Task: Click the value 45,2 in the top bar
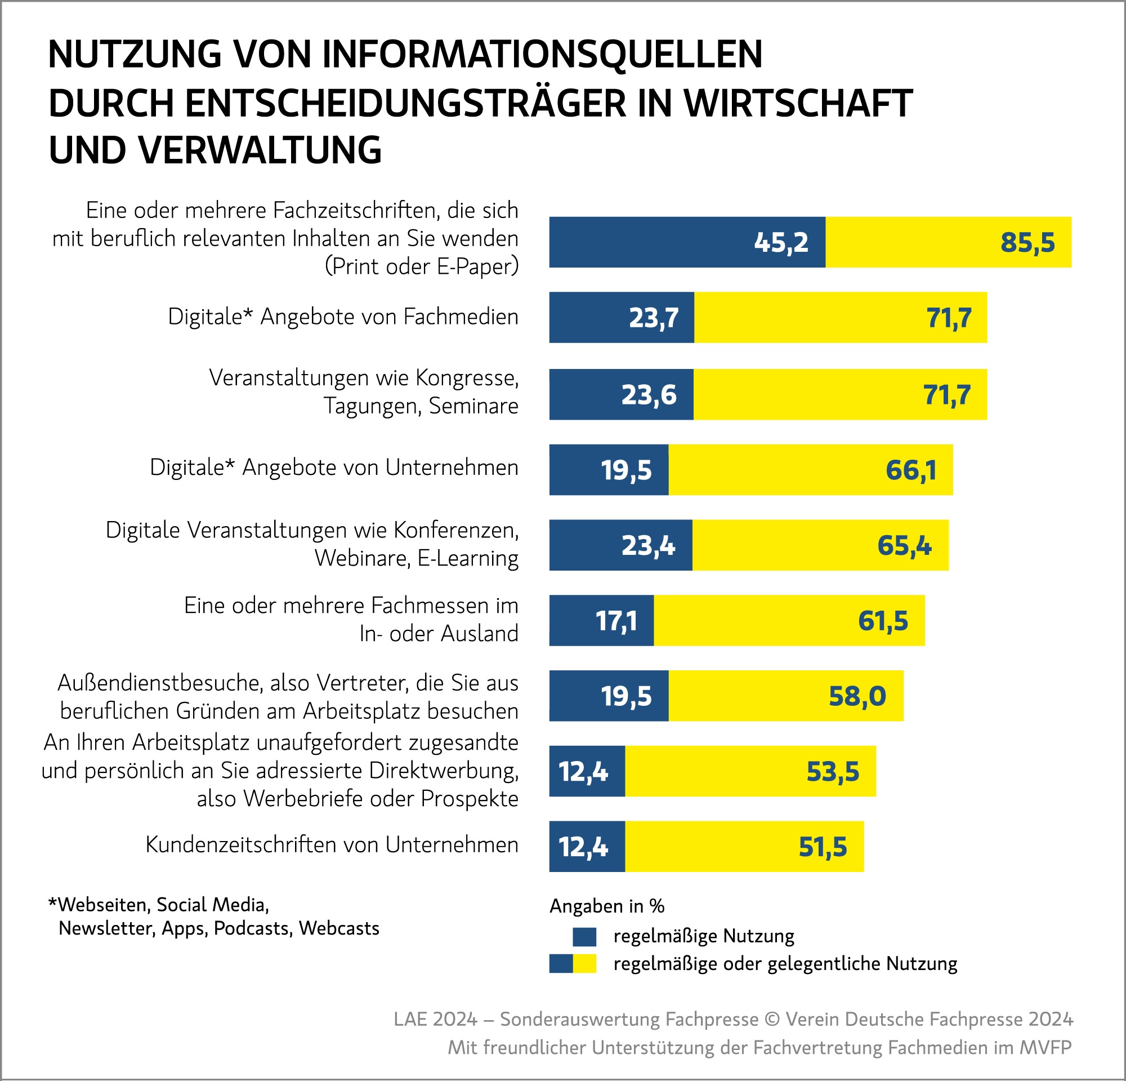point(781,243)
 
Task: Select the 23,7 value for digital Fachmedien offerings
point(653,318)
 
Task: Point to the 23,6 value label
point(649,395)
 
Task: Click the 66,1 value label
point(910,470)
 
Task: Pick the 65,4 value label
point(904,545)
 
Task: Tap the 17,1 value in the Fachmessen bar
point(616,621)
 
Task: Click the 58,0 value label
point(857,696)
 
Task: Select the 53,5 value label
point(833,771)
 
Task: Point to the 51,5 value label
point(823,847)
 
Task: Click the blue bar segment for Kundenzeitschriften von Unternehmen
point(587,847)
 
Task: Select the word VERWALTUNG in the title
point(260,150)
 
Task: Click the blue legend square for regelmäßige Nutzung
point(584,937)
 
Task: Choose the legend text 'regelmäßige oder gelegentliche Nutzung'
point(785,964)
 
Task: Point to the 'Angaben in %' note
point(607,906)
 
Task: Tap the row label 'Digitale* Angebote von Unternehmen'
point(334,468)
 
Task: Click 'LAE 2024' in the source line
point(435,1019)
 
